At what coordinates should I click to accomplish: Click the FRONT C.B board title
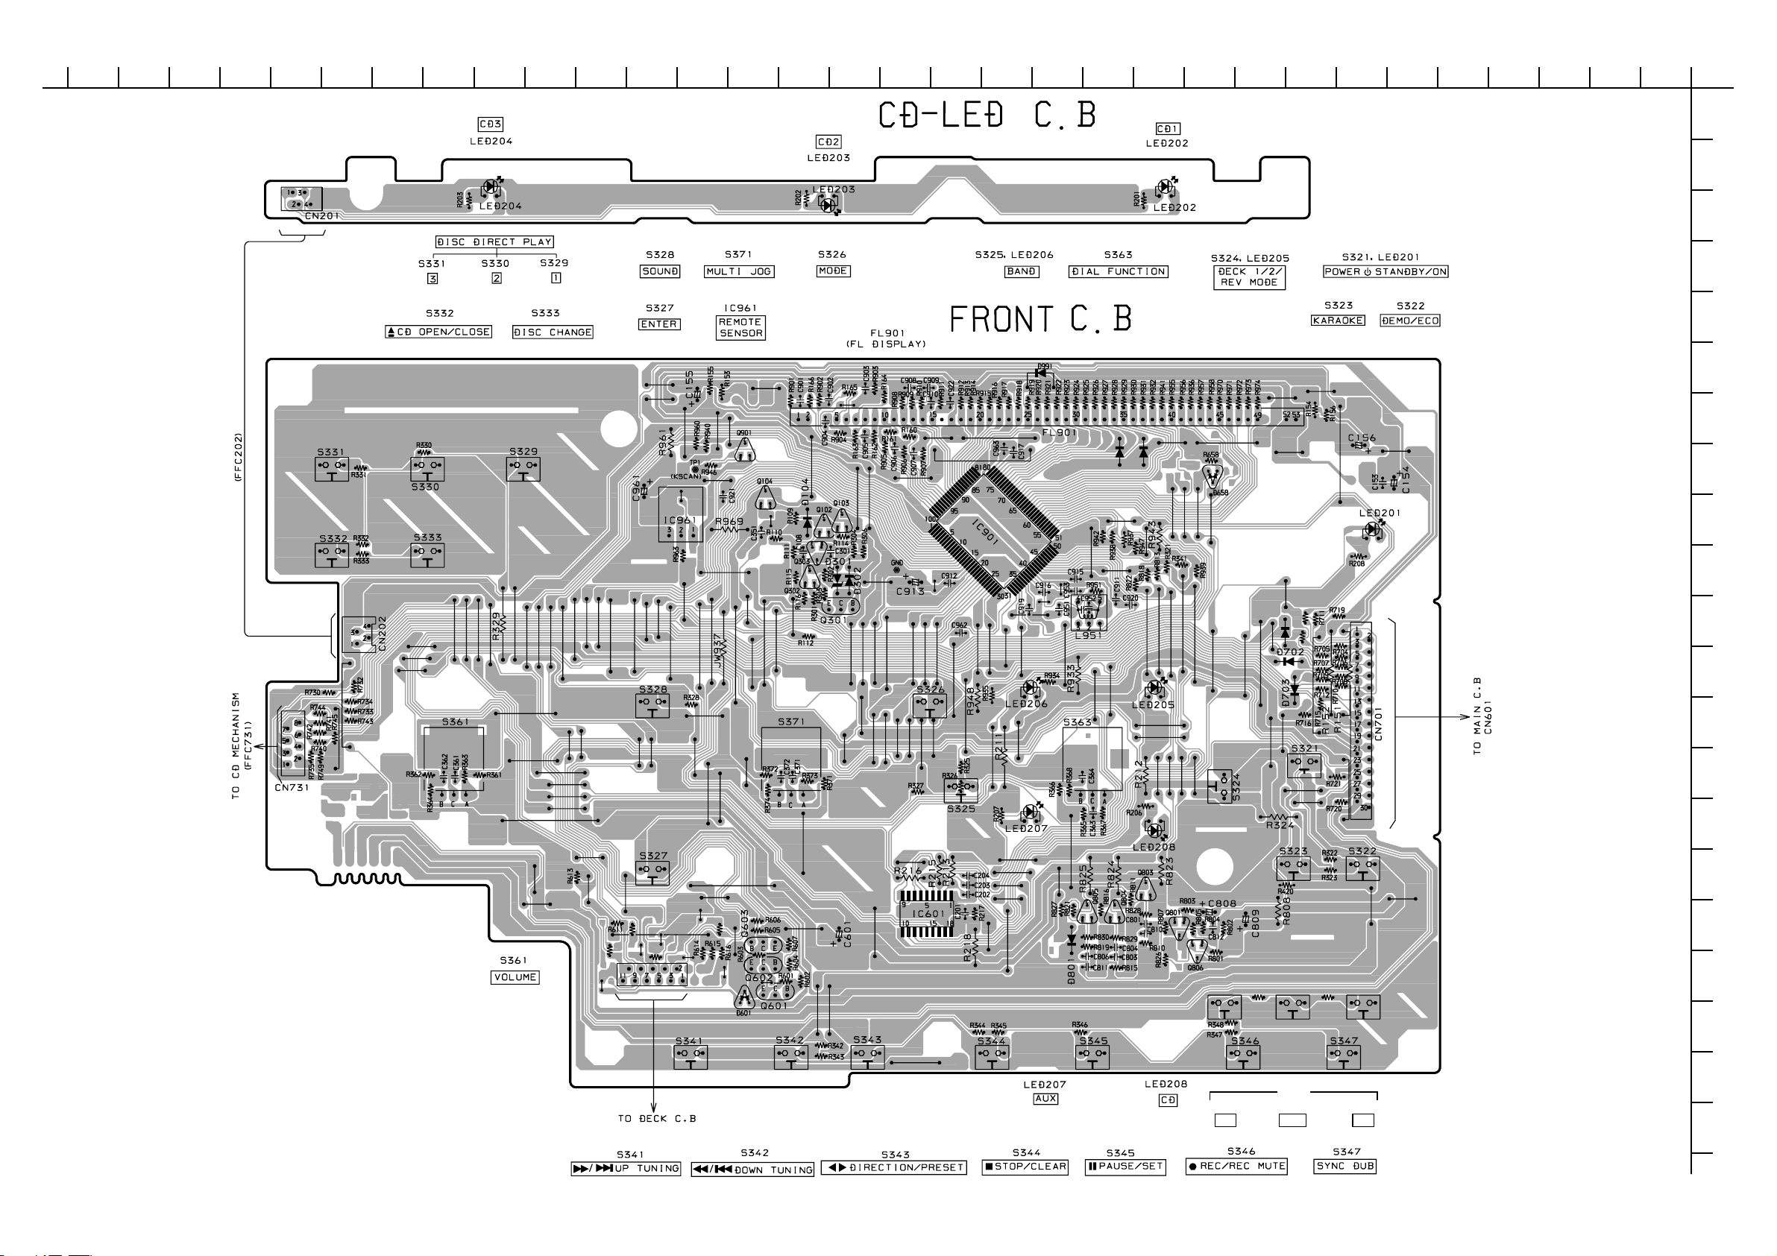(x=1040, y=319)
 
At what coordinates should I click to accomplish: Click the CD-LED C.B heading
(x=987, y=116)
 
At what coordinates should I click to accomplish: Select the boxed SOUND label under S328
(x=660, y=271)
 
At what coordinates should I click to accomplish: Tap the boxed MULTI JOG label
(x=738, y=271)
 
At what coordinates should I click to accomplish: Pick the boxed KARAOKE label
(x=1337, y=321)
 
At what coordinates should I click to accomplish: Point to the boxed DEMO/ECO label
(x=1409, y=321)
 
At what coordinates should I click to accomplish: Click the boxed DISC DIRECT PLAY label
(x=494, y=242)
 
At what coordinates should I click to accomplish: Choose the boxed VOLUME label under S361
(x=515, y=977)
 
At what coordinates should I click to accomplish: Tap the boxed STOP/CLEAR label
(x=1025, y=1167)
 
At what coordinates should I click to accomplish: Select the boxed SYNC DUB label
(x=1345, y=1167)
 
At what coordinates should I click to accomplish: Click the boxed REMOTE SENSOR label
(x=740, y=327)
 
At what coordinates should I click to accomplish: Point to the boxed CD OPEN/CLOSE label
(x=438, y=332)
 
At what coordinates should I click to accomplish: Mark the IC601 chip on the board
(x=927, y=913)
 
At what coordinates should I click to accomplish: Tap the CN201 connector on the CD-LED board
(x=302, y=200)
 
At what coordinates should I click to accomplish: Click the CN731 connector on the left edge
(x=292, y=743)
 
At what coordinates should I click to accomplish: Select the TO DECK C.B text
(x=656, y=1118)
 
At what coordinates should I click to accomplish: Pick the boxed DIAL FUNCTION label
(x=1119, y=271)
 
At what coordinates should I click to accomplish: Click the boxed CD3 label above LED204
(x=491, y=124)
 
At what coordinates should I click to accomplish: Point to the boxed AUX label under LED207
(x=1045, y=1099)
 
